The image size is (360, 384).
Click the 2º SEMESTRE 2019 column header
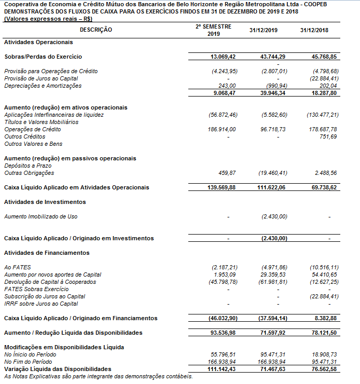(x=213, y=30)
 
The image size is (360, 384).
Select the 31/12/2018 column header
(x=314, y=30)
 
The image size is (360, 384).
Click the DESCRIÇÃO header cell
(x=96, y=30)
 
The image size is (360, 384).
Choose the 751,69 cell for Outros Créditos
(x=329, y=136)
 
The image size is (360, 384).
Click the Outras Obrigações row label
(x=29, y=173)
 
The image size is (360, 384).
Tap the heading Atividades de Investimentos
(x=45, y=202)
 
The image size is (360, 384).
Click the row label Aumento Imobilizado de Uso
(x=40, y=216)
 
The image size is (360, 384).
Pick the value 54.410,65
(x=325, y=275)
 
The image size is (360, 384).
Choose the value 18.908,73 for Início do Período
(x=325, y=354)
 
